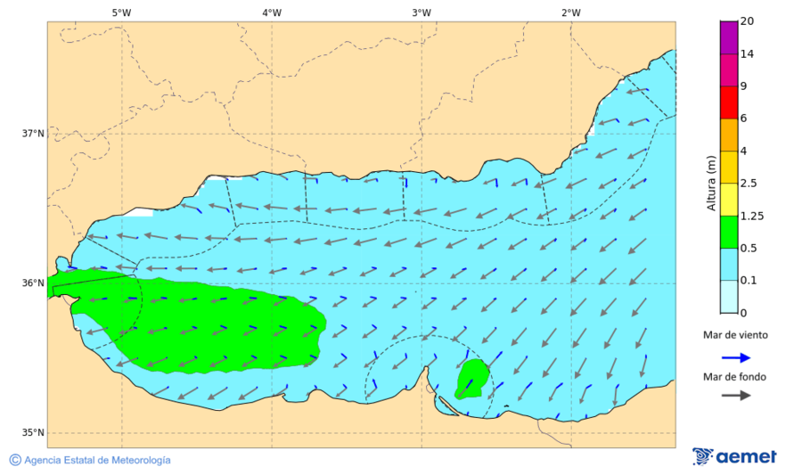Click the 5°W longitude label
[121, 12]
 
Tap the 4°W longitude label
[272, 12]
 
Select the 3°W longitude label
[421, 12]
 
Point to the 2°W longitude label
[571, 12]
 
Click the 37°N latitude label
[33, 134]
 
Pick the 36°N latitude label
[33, 283]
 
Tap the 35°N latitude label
[33, 433]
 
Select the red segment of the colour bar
[729, 102]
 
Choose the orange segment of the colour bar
[729, 135]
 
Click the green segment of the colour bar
[729, 232]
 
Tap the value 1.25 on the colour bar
[752, 216]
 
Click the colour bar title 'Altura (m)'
[711, 183]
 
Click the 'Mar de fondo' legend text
[734, 377]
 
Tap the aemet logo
[734, 456]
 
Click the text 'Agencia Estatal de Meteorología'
[97, 460]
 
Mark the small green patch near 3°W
[472, 379]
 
